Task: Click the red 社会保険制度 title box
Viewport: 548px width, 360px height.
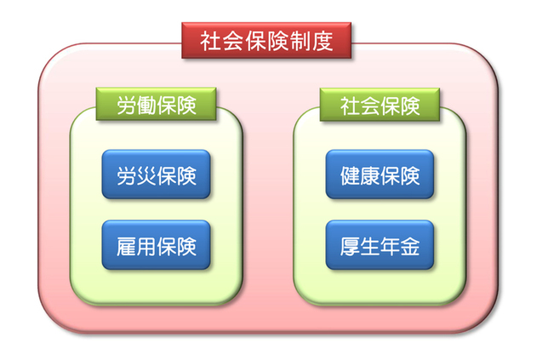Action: pyautogui.click(x=266, y=40)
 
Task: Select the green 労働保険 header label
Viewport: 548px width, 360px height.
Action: pyautogui.click(x=157, y=104)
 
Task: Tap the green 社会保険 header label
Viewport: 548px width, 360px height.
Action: pyautogui.click(x=380, y=105)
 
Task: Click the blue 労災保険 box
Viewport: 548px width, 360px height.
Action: pyautogui.click(x=157, y=174)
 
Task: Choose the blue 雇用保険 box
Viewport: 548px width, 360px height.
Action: pyautogui.click(x=157, y=244)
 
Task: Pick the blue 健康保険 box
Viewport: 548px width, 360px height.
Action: pyautogui.click(x=380, y=174)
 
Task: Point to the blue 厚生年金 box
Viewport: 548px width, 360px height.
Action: pyautogui.click(x=380, y=244)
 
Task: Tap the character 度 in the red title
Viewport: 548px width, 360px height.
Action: pyautogui.click(x=323, y=41)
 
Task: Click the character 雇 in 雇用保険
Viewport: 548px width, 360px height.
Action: pyautogui.click(x=126, y=247)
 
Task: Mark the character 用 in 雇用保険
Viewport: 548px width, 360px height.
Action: pyautogui.click(x=146, y=247)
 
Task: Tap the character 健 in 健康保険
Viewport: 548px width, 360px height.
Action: pyautogui.click(x=350, y=176)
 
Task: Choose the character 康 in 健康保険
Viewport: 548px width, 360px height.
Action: pyautogui.click(x=370, y=176)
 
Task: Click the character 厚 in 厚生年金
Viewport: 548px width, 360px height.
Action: pyautogui.click(x=350, y=247)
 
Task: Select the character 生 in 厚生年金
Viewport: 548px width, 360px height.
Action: pyautogui.click(x=370, y=247)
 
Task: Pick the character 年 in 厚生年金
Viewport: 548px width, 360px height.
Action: pyautogui.click(x=390, y=247)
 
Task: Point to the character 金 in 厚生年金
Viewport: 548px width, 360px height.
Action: pyautogui.click(x=409, y=247)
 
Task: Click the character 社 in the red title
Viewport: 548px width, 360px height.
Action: pyautogui.click(x=210, y=41)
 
